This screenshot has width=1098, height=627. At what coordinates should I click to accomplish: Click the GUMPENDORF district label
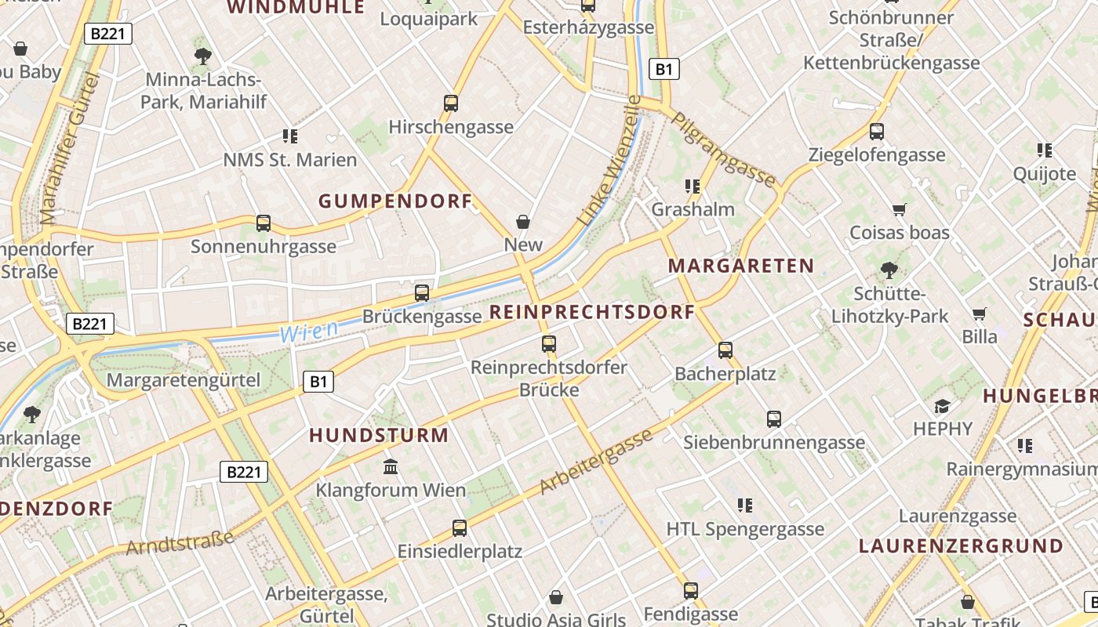tap(395, 201)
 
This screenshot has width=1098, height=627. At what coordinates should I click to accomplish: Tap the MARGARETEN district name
tap(741, 266)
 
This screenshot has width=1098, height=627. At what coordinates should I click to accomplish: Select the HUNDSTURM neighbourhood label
tap(379, 435)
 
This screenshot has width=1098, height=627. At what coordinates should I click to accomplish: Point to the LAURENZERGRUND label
tap(961, 545)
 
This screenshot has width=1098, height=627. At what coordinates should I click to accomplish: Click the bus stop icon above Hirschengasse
tap(451, 103)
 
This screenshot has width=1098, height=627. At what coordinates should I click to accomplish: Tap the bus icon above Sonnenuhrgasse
tap(264, 223)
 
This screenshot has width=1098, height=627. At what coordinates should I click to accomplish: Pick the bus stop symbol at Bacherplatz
tap(725, 350)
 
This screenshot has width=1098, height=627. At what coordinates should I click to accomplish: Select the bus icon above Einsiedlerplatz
tap(460, 527)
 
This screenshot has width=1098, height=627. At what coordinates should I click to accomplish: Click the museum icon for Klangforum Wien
tap(391, 467)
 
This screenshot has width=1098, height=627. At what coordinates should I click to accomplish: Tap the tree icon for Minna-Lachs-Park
tap(203, 56)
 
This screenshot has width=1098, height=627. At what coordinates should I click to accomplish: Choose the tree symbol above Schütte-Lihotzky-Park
tap(889, 270)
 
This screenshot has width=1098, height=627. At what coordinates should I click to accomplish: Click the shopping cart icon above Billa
tap(980, 313)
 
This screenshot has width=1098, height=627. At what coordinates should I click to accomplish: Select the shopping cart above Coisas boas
tap(900, 209)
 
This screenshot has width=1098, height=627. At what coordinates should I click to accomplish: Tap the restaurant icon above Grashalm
tap(693, 186)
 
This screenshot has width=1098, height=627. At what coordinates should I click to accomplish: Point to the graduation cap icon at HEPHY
tap(943, 405)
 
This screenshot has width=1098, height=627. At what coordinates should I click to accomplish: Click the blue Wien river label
tap(309, 331)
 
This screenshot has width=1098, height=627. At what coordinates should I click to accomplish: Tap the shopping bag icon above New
tap(523, 222)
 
